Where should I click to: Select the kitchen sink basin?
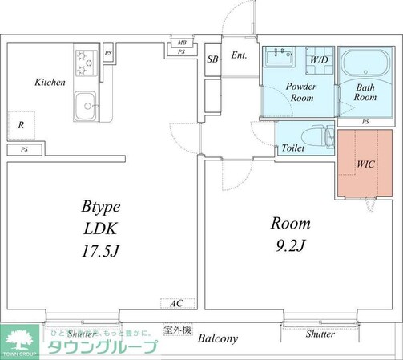(x=85, y=104)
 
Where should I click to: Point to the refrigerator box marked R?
(x=21, y=126)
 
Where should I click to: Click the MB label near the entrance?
(x=182, y=42)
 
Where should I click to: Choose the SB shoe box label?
(x=213, y=59)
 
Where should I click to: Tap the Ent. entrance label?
(x=239, y=55)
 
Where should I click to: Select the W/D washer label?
(x=319, y=59)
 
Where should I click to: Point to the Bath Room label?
(x=365, y=91)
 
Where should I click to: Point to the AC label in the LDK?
(x=177, y=304)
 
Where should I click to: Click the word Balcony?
(x=218, y=338)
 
